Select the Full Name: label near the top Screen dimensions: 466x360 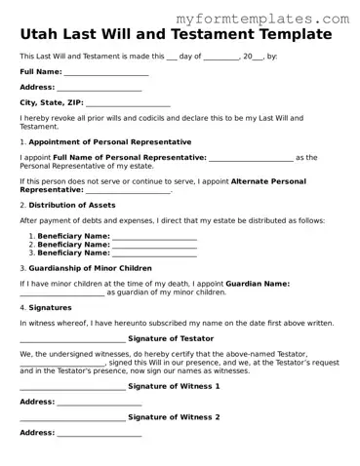[x=40, y=72]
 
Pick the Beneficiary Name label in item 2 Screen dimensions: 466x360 [x=74, y=245]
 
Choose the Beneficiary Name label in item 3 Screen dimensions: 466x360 [x=74, y=252]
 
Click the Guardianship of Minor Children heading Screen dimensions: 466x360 [x=90, y=268]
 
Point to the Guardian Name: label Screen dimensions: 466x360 [x=258, y=284]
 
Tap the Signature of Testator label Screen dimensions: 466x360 [x=171, y=338]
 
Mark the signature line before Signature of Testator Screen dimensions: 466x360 [x=72, y=339]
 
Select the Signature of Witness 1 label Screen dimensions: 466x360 [x=174, y=386]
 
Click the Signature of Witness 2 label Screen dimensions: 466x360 [x=174, y=417]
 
